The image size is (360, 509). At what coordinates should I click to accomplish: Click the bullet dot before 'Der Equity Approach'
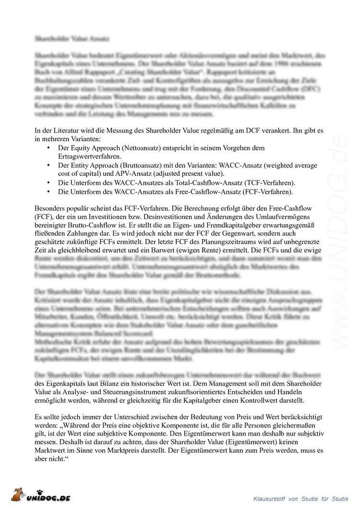48,148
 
